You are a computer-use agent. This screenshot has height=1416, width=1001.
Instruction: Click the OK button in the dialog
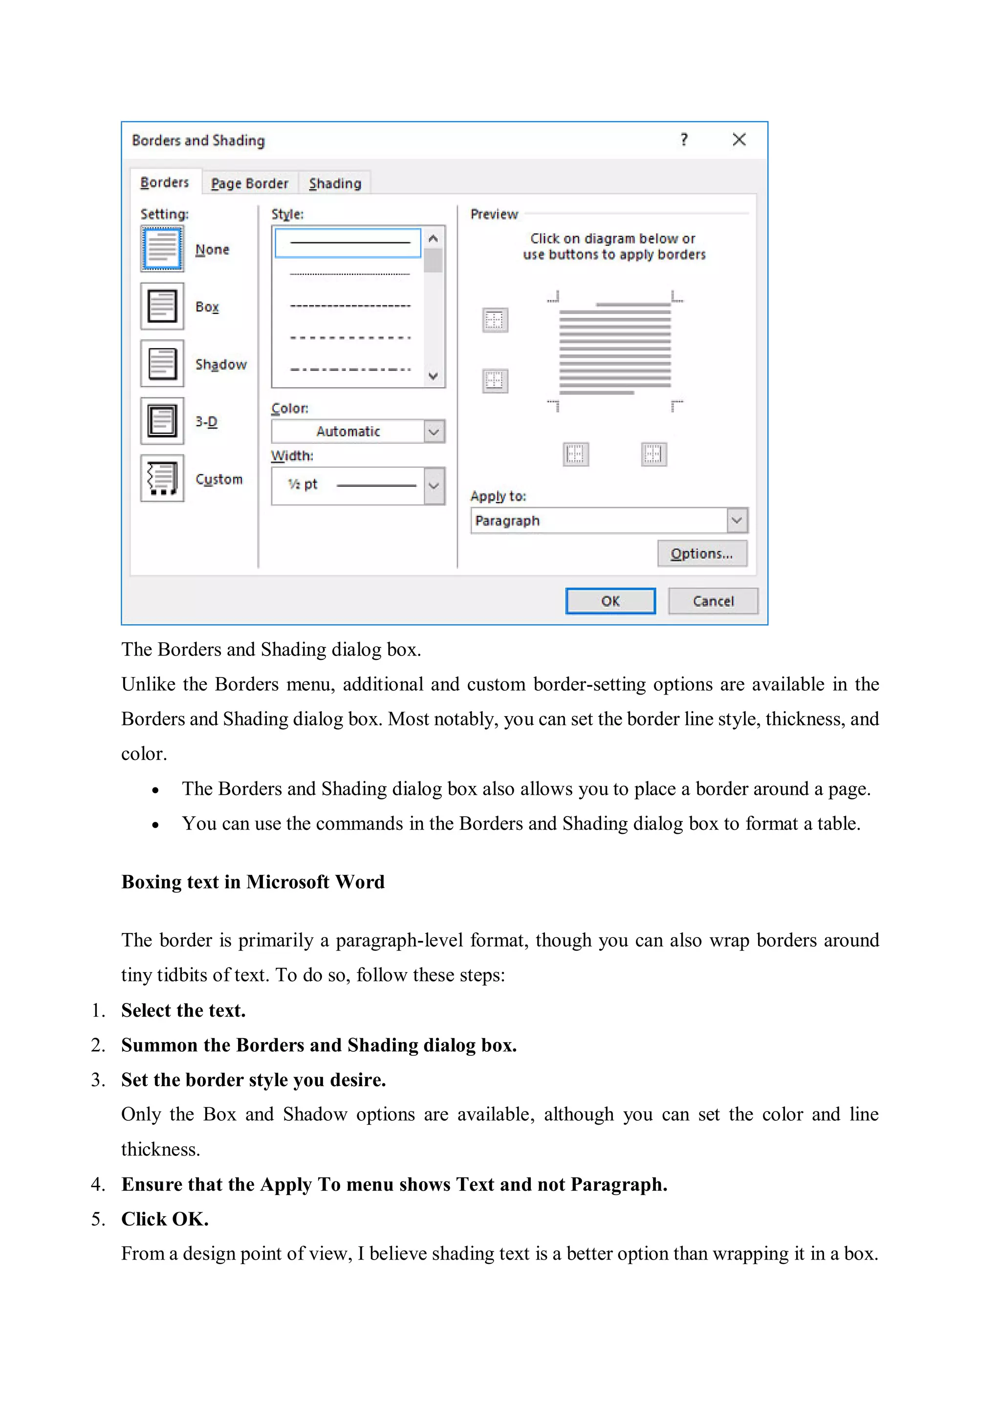(610, 601)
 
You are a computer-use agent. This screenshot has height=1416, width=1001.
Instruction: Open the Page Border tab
(250, 183)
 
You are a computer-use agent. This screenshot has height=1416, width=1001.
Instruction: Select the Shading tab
(335, 183)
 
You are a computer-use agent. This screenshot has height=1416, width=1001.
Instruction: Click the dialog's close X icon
(739, 140)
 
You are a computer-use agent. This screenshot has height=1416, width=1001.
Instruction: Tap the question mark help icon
(683, 140)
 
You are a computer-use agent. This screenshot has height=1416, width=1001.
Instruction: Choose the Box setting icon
(162, 306)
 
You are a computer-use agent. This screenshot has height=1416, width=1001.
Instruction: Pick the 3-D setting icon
(162, 421)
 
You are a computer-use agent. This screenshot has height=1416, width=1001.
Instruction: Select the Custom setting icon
(162, 479)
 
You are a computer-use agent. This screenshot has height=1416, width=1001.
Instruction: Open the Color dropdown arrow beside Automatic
(434, 432)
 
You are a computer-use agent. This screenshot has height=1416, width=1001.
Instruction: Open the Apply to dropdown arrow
(737, 521)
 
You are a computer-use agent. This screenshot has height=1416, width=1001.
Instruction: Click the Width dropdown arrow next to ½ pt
(434, 486)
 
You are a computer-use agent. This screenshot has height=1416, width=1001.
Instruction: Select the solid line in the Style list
(349, 242)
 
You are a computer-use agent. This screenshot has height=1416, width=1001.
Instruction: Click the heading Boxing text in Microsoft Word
(253, 882)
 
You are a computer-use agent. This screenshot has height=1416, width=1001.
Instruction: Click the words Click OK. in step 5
(165, 1219)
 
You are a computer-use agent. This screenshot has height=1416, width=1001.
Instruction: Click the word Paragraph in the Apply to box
(508, 521)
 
